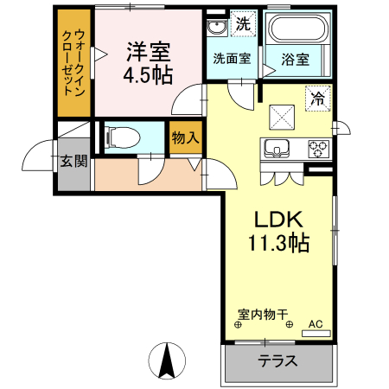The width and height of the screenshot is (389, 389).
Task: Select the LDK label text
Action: (274, 219)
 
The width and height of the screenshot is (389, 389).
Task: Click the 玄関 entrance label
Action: (73, 161)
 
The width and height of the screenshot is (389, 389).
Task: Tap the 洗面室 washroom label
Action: (231, 58)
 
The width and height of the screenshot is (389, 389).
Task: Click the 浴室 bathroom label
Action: (296, 58)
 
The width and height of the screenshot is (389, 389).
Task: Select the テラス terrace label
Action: (277, 361)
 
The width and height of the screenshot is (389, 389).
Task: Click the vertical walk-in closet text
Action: (73, 62)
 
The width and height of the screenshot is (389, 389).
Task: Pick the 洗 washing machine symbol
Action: (243, 24)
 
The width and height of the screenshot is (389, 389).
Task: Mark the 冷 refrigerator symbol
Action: (317, 99)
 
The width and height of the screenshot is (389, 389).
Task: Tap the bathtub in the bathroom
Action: (297, 29)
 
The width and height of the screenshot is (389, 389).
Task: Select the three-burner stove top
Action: (317, 148)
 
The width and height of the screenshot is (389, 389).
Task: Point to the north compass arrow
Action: (167, 357)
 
